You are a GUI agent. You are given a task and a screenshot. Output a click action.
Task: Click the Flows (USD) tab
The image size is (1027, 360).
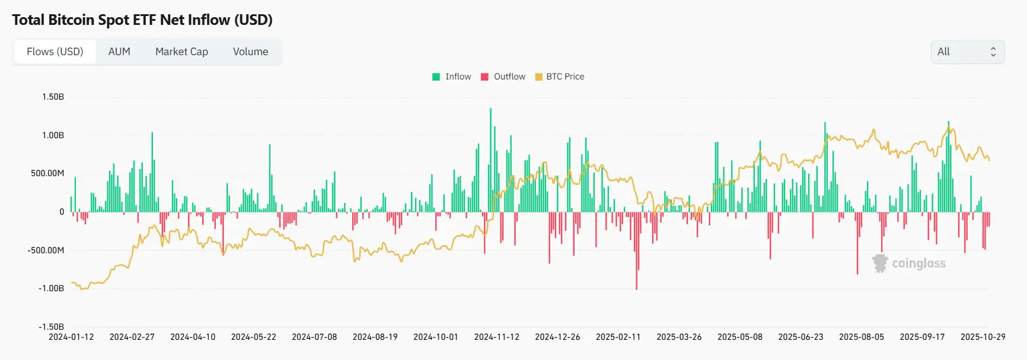[55, 52]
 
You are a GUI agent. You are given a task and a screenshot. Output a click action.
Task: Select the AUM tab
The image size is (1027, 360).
[119, 52]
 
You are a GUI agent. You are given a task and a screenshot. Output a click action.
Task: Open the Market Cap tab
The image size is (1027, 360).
[181, 52]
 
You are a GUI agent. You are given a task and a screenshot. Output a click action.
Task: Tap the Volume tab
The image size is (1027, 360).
[250, 52]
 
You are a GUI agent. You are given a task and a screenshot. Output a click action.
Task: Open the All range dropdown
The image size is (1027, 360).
[967, 52]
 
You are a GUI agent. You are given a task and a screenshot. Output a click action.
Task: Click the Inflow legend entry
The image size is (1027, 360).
[452, 77]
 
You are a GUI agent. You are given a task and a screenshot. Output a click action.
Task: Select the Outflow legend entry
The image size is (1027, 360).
[503, 77]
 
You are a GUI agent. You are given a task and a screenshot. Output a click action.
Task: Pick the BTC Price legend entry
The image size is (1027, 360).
[559, 77]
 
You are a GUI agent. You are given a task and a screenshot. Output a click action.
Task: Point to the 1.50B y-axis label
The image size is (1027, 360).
[53, 97]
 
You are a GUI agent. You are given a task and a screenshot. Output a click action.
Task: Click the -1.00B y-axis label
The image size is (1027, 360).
[51, 288]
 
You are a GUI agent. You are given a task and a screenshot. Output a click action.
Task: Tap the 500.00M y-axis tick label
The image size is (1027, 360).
[47, 173]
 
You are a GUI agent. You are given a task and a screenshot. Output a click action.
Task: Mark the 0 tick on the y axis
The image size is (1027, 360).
[61, 212]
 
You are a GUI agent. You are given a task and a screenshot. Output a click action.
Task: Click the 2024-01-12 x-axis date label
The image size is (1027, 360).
[71, 337]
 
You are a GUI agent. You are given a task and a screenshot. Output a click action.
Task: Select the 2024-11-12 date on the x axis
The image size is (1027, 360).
[496, 337]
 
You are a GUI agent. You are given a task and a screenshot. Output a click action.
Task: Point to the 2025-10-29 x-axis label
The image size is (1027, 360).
[983, 337]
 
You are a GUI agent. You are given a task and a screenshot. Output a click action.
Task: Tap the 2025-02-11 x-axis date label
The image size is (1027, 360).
[618, 337]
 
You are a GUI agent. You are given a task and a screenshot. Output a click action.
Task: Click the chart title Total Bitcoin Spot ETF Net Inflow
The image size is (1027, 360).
[142, 20]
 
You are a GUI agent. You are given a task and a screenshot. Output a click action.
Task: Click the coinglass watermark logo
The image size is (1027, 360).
[909, 263]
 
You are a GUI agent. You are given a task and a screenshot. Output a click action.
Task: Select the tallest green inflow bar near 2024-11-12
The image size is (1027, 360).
[490, 160]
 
